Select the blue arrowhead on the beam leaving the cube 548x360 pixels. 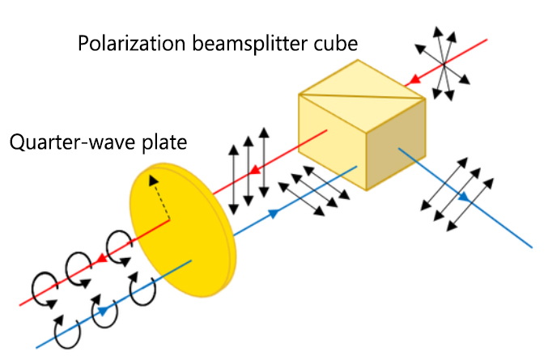464,197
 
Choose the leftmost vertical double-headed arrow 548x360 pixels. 233,173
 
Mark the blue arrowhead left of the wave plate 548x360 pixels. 104,309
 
